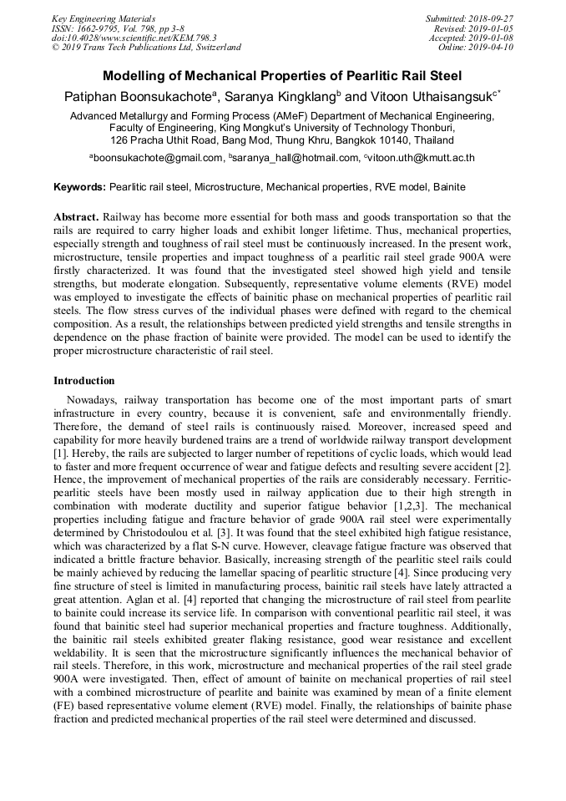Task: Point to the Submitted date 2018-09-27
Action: pyautogui.click(x=492, y=18)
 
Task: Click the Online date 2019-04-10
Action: pyautogui.click(x=492, y=48)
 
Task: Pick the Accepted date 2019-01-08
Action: pyautogui.click(x=492, y=38)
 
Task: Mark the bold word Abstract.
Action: pyautogui.click(x=78, y=215)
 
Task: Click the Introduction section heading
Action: pyautogui.click(x=84, y=381)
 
